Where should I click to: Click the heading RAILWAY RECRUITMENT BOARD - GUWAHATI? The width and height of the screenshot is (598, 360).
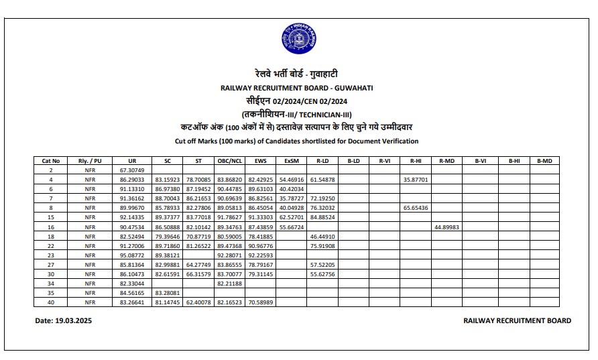pyautogui.click(x=298, y=88)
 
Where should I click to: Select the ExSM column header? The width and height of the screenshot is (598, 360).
pyautogui.click(x=291, y=161)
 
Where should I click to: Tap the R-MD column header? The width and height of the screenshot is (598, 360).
pyautogui.click(x=447, y=161)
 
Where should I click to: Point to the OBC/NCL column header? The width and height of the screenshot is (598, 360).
pyautogui.click(x=229, y=161)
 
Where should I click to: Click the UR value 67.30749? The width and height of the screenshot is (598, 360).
pyautogui.click(x=132, y=170)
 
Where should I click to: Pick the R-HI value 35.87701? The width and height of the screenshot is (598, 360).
pyautogui.click(x=416, y=180)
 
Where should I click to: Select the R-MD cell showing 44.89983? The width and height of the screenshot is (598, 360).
pyautogui.click(x=447, y=227)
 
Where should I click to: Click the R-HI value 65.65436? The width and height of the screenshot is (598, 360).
pyautogui.click(x=416, y=208)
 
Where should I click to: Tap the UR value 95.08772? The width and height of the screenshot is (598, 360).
pyautogui.click(x=132, y=255)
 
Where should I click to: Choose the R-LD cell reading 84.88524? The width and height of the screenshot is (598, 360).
pyautogui.click(x=322, y=218)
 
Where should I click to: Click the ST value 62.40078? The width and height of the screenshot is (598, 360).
pyautogui.click(x=198, y=303)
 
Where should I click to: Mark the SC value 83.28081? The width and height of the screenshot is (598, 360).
pyautogui.click(x=168, y=294)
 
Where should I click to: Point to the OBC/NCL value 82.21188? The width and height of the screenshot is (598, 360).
pyautogui.click(x=229, y=284)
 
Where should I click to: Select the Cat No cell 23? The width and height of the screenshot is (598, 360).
pyautogui.click(x=51, y=255)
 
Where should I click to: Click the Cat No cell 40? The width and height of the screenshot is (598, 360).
pyautogui.click(x=51, y=303)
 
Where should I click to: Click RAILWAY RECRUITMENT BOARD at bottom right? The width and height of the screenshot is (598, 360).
pyautogui.click(x=517, y=321)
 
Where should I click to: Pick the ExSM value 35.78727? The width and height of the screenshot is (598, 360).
pyautogui.click(x=291, y=199)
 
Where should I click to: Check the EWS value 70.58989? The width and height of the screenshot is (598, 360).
pyautogui.click(x=261, y=303)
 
